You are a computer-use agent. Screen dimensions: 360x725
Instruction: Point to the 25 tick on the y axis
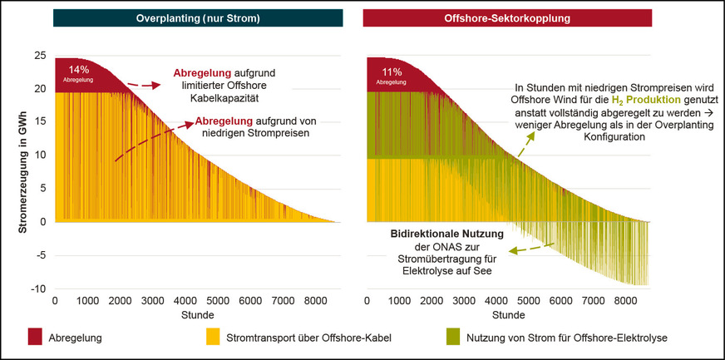(40, 56)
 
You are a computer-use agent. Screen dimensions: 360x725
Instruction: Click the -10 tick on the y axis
(37, 288)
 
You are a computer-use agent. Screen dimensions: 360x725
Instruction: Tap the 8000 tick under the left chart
(315, 301)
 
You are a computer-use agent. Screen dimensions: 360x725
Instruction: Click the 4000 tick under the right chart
(497, 301)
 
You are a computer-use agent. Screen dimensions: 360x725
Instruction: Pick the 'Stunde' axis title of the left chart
(197, 316)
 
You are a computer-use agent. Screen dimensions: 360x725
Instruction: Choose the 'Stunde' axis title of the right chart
(508, 316)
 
